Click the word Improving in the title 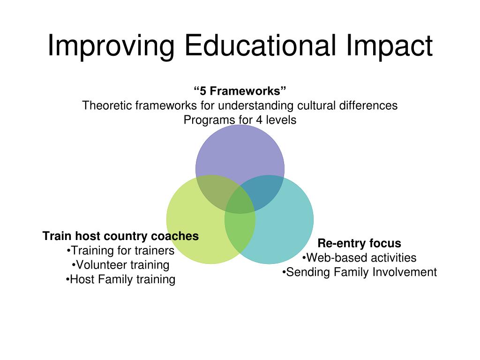coord(111,46)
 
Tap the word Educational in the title coord(260,46)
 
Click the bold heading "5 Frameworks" coord(240,90)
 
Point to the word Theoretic coord(107,105)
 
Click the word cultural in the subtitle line coord(316,105)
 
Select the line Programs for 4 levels coord(240,120)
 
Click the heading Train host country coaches coord(120,236)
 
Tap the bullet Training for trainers coord(120,251)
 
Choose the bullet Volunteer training coord(120,265)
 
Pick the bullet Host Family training coord(120,280)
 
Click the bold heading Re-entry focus coord(359,243)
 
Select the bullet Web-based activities coord(359,257)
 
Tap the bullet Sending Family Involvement coord(359,272)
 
